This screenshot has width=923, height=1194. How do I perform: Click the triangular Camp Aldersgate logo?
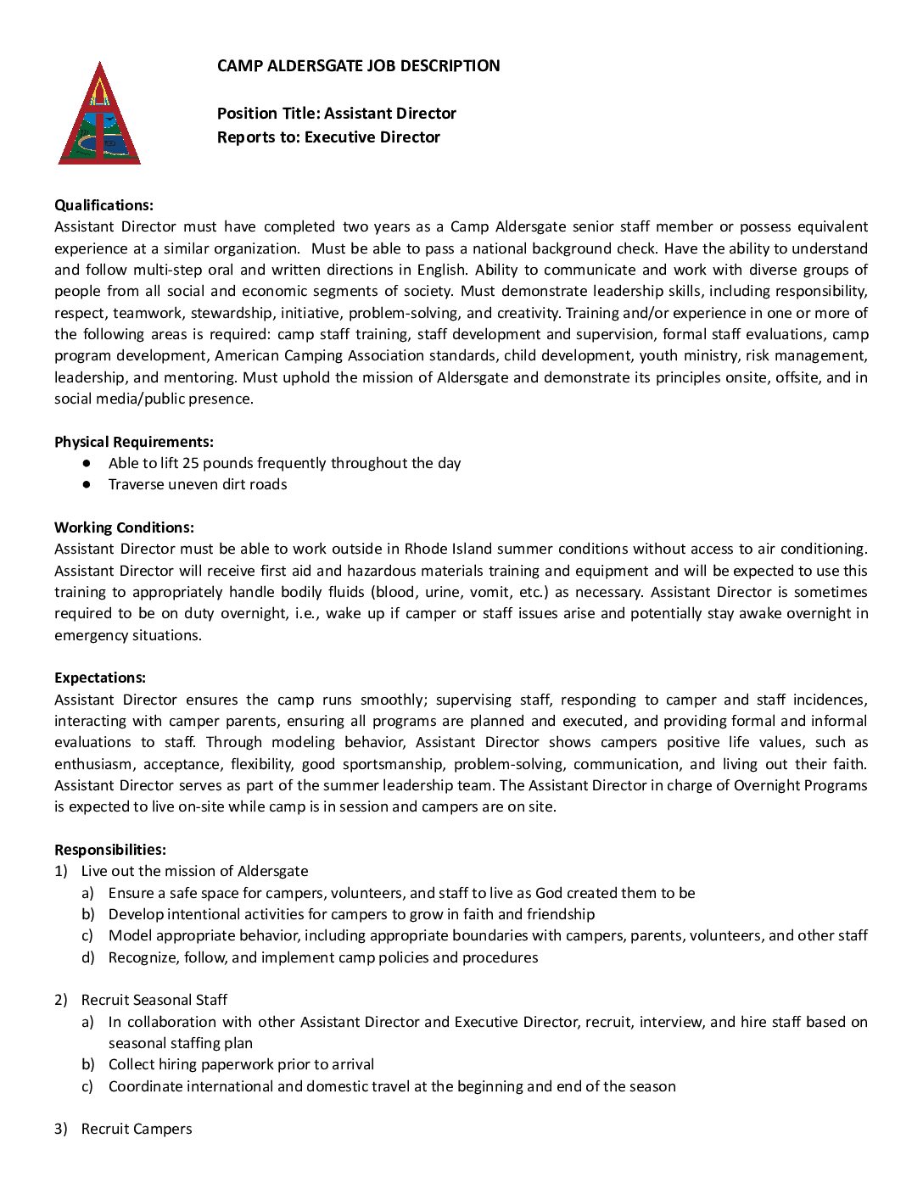99,115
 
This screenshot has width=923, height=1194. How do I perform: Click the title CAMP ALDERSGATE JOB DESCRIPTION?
358,66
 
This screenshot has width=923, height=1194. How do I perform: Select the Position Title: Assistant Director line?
336,114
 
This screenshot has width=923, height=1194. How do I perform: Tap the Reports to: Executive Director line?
328,137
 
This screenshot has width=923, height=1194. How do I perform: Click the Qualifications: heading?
103,205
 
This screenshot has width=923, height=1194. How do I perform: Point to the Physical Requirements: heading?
133,442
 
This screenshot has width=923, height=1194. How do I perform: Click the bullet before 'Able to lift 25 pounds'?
87,463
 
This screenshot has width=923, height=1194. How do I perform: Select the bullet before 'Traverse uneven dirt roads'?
87,484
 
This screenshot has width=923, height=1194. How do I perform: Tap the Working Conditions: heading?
124,527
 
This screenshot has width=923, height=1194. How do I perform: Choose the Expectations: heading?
99,678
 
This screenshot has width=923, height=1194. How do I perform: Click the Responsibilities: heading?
110,850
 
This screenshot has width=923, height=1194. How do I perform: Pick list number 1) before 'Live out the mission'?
60,871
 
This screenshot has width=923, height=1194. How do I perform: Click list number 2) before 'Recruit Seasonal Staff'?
60,1000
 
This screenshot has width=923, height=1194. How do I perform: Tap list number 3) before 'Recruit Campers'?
60,1129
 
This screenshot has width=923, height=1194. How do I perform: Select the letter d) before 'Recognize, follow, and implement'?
87,957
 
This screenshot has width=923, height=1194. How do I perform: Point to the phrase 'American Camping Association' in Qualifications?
308,355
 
